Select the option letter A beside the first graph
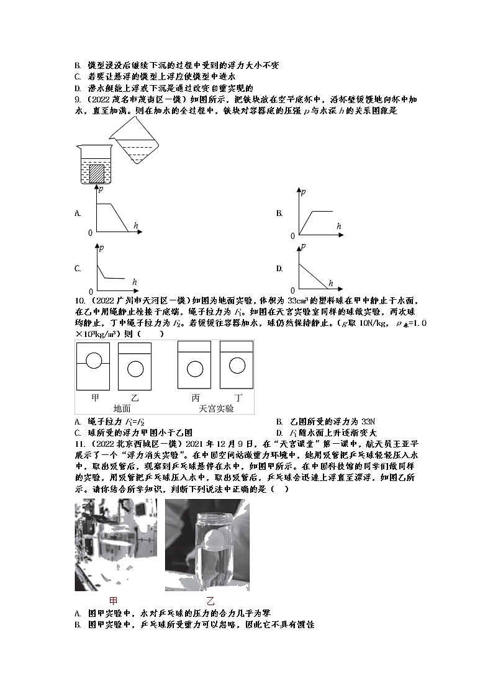click(78, 213)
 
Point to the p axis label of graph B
click(303, 192)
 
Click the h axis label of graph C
click(134, 282)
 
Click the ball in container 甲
click(93, 361)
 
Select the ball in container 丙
click(196, 368)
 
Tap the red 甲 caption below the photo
click(113, 600)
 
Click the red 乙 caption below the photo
click(210, 600)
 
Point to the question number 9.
click(76, 99)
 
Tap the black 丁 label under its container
click(237, 397)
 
